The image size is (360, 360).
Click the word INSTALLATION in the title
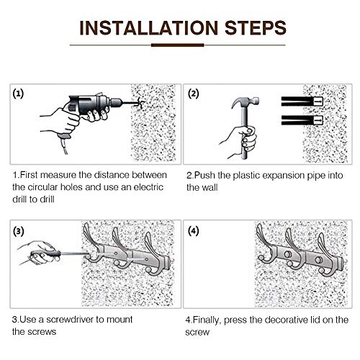tap(148, 28)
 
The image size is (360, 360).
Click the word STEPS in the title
tap(256, 28)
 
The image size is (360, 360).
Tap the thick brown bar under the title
tap(177, 45)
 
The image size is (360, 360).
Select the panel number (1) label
tap(18, 94)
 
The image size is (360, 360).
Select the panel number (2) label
tap(194, 94)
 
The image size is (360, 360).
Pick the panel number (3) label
tap(19, 231)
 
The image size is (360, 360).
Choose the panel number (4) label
tap(194, 231)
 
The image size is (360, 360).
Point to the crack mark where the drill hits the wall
tap(139, 104)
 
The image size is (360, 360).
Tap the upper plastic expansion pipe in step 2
tap(302, 102)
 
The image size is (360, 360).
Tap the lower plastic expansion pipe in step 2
tap(302, 120)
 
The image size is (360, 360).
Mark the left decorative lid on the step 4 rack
tap(287, 253)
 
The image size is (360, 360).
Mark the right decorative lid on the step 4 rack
tap(318, 260)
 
